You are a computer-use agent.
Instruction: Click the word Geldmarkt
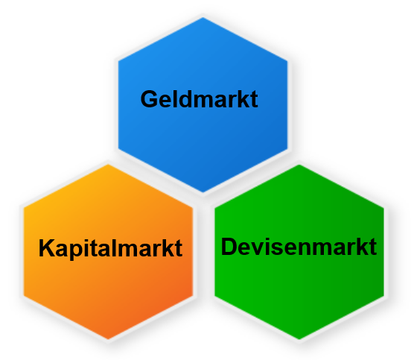click(x=200, y=99)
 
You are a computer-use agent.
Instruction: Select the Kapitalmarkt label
click(x=110, y=248)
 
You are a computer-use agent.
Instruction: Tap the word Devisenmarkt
click(x=299, y=247)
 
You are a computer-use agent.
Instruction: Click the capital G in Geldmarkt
click(x=150, y=99)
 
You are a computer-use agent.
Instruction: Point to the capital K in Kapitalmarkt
click(x=47, y=247)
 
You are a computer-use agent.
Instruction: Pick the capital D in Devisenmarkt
click(x=229, y=247)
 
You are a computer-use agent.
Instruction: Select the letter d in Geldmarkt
click(x=185, y=99)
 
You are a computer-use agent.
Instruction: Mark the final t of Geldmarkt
click(x=254, y=100)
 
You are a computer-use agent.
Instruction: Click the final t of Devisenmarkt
click(x=373, y=247)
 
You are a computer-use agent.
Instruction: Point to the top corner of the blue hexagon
click(x=203, y=17)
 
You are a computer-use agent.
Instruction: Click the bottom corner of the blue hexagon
click(x=203, y=192)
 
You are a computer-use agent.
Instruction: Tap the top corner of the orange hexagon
click(x=108, y=165)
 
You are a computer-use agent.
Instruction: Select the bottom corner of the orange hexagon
click(x=108, y=339)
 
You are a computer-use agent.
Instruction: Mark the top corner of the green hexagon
click(x=299, y=165)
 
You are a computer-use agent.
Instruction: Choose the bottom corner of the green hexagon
click(x=299, y=339)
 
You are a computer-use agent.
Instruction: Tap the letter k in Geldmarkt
click(x=243, y=99)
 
